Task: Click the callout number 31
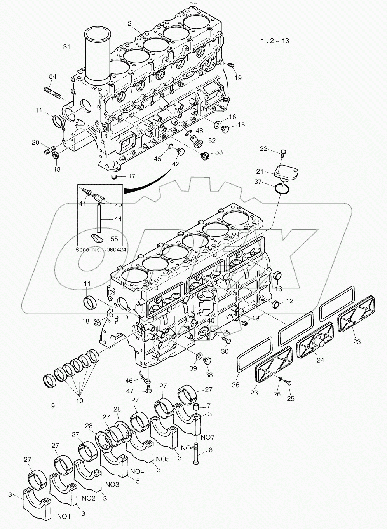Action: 66,47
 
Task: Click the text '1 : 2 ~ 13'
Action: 275,41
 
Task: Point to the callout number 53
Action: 219,152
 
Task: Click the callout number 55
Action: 115,239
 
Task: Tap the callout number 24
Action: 320,360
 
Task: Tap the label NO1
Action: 64,517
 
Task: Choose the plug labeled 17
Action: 114,177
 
